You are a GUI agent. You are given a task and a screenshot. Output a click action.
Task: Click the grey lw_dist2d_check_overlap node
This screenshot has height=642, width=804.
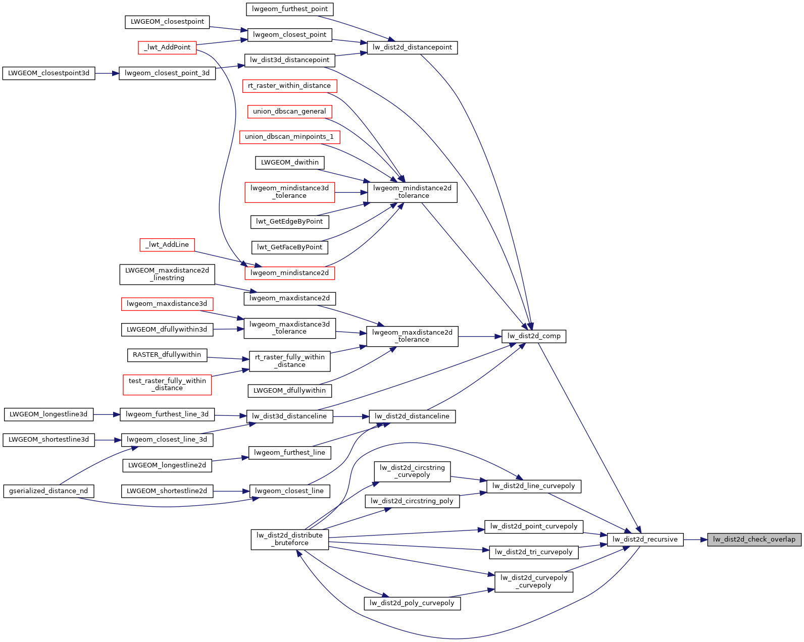(754, 540)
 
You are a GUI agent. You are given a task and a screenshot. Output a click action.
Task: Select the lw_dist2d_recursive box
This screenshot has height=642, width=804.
(645, 540)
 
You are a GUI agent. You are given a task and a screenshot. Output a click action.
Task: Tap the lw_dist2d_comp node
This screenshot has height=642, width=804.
(534, 336)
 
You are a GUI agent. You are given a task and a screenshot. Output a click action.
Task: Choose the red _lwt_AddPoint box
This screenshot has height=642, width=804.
(167, 47)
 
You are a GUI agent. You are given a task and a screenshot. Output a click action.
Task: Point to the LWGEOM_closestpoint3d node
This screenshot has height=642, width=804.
(48, 73)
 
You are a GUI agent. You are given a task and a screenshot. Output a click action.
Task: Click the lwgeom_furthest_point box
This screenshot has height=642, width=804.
(290, 9)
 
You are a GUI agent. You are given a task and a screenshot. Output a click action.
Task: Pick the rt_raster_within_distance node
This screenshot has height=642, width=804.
(289, 86)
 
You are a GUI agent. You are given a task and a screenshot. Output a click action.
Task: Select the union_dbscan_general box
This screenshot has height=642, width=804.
(289, 112)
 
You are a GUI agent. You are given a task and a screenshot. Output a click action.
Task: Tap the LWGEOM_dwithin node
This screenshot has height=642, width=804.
(290, 163)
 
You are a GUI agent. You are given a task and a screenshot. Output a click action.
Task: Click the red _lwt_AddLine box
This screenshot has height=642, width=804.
(167, 245)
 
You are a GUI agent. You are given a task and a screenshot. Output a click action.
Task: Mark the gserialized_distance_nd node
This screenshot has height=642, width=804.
(48, 491)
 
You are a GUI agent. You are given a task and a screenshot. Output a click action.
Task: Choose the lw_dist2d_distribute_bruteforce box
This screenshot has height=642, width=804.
(290, 539)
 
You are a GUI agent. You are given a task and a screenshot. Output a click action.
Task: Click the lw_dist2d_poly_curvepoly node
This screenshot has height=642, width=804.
(412, 603)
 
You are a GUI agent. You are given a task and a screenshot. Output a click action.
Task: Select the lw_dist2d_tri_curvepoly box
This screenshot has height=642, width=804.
(534, 552)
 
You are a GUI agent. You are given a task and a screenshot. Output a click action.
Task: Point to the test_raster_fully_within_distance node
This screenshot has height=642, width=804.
(167, 385)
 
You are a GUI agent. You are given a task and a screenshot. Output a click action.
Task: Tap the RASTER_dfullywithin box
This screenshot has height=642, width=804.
(167, 355)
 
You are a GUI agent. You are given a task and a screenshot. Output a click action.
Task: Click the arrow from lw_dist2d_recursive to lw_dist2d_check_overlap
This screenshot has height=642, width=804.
(695, 540)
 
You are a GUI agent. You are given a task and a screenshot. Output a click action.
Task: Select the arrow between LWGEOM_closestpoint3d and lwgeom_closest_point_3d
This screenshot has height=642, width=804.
(107, 73)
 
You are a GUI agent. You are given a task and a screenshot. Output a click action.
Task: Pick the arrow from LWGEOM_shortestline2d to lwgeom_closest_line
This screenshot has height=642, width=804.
(231, 491)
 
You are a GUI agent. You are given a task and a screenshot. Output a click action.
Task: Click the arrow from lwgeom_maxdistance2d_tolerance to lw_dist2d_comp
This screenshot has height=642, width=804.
(480, 336)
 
